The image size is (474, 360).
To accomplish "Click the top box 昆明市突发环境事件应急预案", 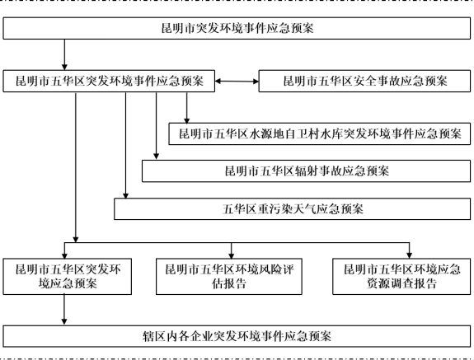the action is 237,28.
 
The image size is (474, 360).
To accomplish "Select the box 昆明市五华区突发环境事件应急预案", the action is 109,81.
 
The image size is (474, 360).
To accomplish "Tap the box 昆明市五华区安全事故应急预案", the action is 364,81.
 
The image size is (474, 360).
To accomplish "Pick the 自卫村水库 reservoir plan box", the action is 320,133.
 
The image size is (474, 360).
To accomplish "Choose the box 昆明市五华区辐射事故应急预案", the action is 306,171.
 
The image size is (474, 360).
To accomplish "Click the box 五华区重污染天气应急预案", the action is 293,209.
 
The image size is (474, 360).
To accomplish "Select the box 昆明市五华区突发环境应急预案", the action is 68,276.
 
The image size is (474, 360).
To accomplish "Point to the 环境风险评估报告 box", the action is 229,276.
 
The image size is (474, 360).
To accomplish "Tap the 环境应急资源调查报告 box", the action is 401,276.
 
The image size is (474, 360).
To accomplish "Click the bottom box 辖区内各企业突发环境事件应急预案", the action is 237,336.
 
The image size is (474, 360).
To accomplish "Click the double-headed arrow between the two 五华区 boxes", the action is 237,82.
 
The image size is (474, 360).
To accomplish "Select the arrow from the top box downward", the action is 64,54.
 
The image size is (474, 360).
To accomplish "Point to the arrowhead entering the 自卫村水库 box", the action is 187,120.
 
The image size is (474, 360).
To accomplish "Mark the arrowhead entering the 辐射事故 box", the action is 157,157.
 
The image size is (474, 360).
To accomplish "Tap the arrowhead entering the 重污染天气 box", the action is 126,195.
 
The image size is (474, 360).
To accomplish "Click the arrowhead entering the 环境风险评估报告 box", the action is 232,255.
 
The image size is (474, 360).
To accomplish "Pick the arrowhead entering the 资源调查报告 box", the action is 409,255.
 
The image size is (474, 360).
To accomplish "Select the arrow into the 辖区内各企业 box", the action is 64,310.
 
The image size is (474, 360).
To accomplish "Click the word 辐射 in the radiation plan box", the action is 306,171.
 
